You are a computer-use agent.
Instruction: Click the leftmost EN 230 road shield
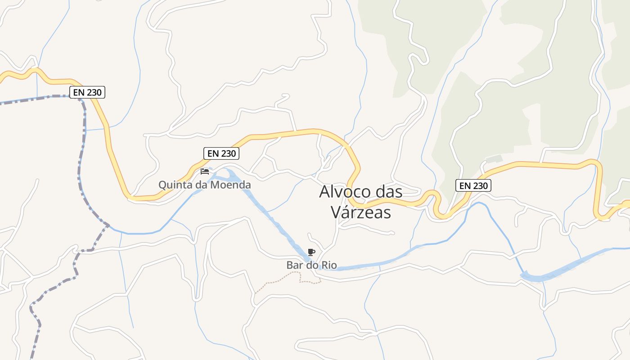pos(88,93)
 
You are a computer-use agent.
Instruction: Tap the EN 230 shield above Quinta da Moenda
pos(221,153)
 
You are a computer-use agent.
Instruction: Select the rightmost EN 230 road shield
pos(473,185)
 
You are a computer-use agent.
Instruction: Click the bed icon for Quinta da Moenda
pos(205,171)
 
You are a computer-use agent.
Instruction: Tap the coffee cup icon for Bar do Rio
pos(311,252)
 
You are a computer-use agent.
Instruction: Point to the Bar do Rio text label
pos(311,265)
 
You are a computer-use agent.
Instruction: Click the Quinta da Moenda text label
pos(205,184)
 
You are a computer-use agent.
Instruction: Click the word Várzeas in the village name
pos(361,212)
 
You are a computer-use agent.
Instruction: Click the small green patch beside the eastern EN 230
pos(494,159)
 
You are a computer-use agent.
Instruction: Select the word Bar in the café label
pos(295,265)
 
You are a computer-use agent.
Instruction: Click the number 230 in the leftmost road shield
pos(94,93)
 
